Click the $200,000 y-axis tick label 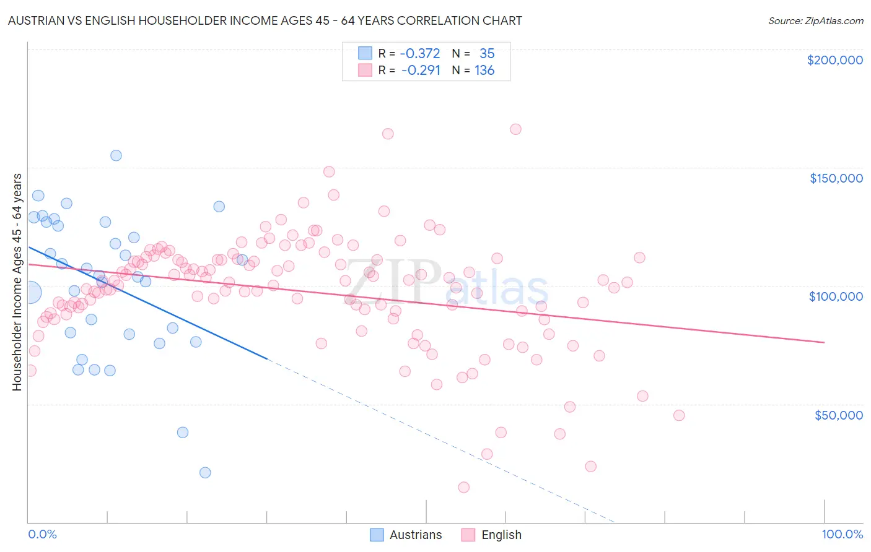coord(834,60)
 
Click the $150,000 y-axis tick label coord(836,178)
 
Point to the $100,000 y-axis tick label coord(836,296)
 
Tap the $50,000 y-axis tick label coord(838,415)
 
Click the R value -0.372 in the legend coord(419,54)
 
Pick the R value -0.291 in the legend coord(421,71)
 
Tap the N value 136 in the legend coord(484,71)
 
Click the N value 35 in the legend coord(487,54)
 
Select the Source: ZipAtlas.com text coord(815,20)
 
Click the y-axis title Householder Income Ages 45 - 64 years coord(17,282)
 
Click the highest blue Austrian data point coord(116,155)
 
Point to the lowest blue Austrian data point coord(205,473)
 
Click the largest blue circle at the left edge coord(29,291)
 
